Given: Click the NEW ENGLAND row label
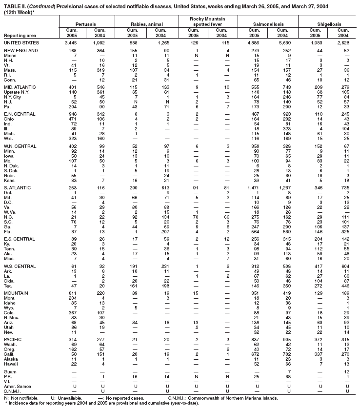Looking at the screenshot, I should click(19, 50).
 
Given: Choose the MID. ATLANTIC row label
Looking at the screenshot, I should click(19, 87).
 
